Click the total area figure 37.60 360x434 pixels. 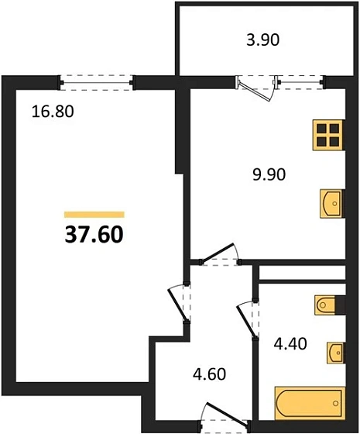tap(94, 232)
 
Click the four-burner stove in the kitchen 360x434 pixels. tap(328, 135)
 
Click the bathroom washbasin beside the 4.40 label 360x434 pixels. tap(335, 353)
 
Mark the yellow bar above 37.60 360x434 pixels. tap(94, 213)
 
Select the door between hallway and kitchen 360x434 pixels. tap(219, 255)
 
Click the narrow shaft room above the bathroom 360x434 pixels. tap(300, 274)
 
